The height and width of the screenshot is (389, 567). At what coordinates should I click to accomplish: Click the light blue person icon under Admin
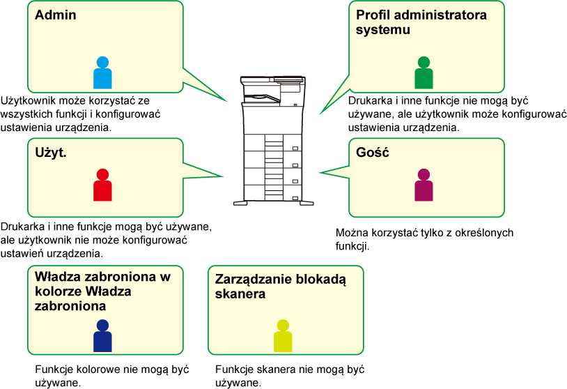pos(102,73)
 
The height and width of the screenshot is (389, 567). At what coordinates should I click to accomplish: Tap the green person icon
pos(424,73)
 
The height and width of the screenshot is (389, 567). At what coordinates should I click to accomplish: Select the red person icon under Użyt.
pos(102,185)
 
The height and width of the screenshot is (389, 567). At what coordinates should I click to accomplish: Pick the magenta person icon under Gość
pos(424,185)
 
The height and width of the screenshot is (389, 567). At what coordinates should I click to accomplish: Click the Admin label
pos(55,15)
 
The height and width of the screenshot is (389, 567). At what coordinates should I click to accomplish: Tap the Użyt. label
pos(51,152)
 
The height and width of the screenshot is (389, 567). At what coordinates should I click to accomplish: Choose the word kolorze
pos(59,291)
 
